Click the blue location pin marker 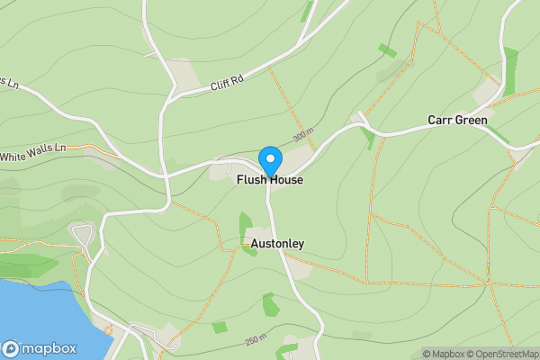pyautogui.click(x=270, y=161)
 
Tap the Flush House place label pyautogui.click(x=270, y=181)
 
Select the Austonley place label pyautogui.click(x=277, y=244)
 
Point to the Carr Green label pyautogui.click(x=457, y=121)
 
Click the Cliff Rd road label pyautogui.click(x=226, y=82)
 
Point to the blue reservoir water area pyautogui.click(x=36, y=315)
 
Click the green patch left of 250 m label pyautogui.click(x=220, y=328)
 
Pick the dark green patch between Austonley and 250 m pyautogui.click(x=269, y=303)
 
